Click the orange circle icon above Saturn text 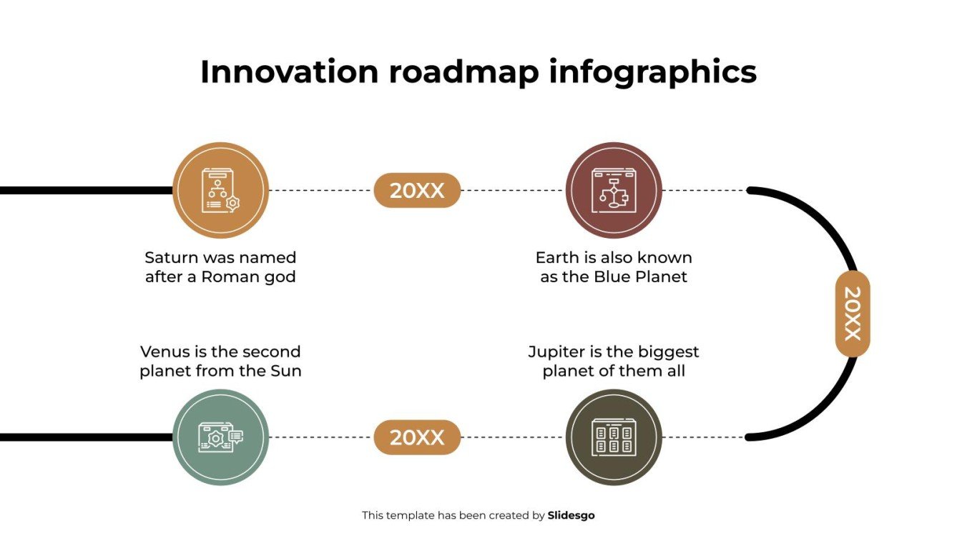pyautogui.click(x=221, y=190)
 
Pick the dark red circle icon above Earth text pyautogui.click(x=614, y=190)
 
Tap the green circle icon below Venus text pyautogui.click(x=221, y=437)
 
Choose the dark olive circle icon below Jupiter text pyautogui.click(x=614, y=437)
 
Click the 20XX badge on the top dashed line pyautogui.click(x=417, y=191)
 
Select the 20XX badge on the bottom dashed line pyautogui.click(x=417, y=437)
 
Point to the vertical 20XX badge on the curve pyautogui.click(x=853, y=314)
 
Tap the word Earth pyautogui.click(x=556, y=257)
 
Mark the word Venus pyautogui.click(x=164, y=352)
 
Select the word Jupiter pyautogui.click(x=554, y=352)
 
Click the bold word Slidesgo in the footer pyautogui.click(x=571, y=515)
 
